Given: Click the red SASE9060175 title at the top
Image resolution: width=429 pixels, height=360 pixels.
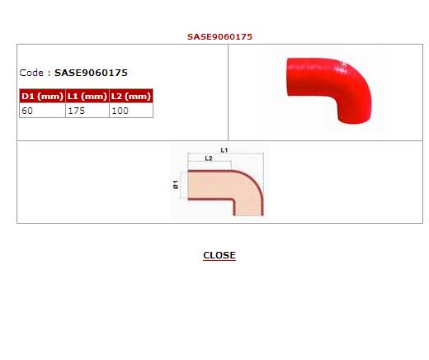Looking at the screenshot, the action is [219, 36].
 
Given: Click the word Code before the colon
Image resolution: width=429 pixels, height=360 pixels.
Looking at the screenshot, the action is [31, 73].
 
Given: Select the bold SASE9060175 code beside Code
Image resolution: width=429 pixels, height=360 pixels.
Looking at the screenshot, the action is [91, 73].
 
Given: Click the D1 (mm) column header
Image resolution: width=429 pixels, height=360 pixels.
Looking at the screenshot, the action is [42, 96].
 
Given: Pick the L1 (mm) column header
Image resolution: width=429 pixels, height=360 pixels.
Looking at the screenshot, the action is [87, 96].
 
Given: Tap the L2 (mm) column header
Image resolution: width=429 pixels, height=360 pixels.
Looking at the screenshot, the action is [131, 96].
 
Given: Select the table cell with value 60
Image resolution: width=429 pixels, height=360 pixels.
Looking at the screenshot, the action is [42, 111].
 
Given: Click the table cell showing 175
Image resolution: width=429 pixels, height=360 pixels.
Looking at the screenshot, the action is [87, 111].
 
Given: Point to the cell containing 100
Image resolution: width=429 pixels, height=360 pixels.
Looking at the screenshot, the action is [131, 111].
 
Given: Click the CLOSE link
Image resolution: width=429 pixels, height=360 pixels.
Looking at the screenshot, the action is [219, 255].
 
